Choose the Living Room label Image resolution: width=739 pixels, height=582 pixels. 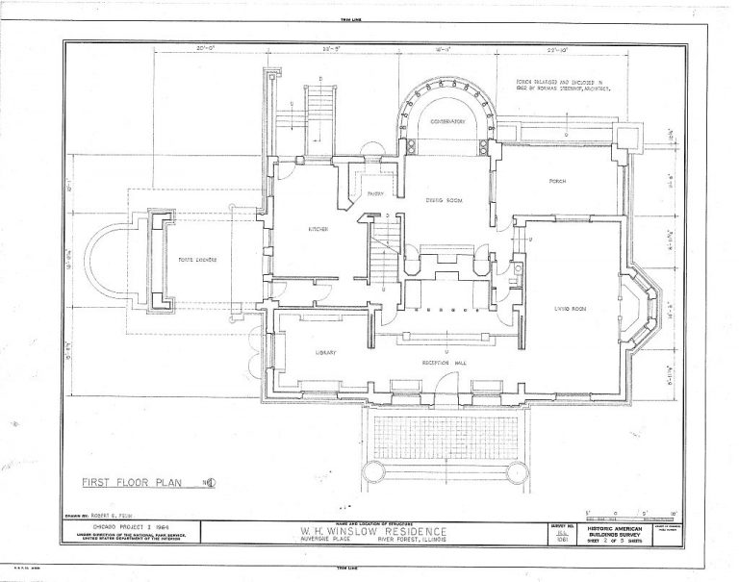(x=571, y=308)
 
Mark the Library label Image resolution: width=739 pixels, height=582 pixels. (x=328, y=353)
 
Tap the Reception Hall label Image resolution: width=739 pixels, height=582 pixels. (x=442, y=364)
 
